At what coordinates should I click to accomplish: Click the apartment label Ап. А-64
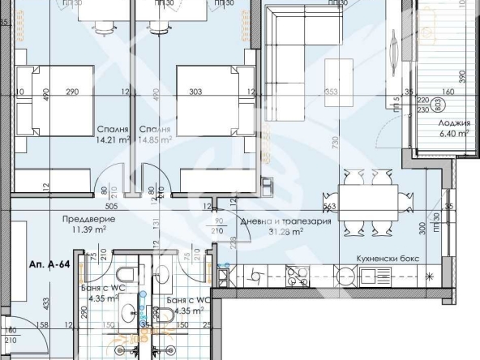(x=49, y=264)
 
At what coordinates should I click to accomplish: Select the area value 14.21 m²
(x=114, y=139)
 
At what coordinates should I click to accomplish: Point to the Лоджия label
(x=453, y=124)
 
